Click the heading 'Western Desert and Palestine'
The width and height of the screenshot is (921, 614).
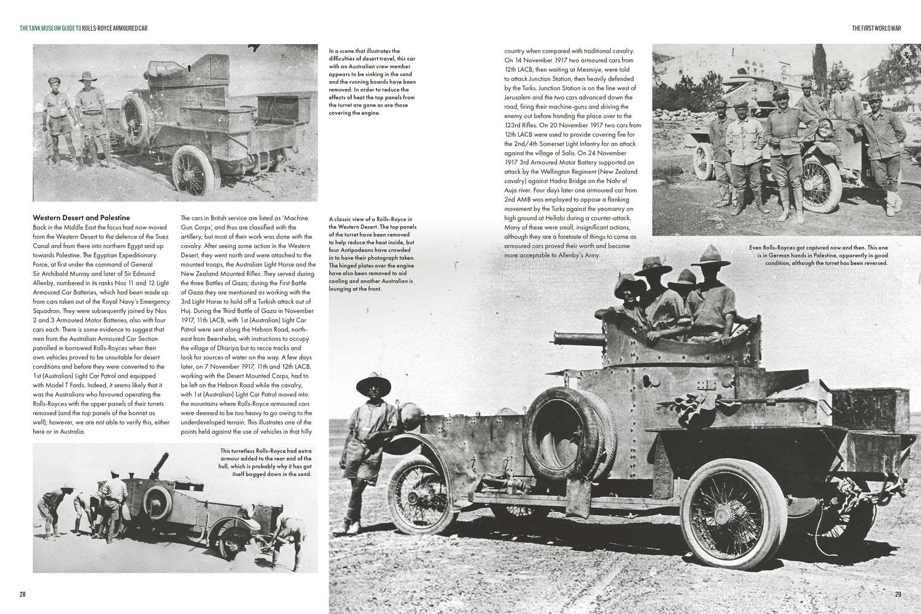[81, 218]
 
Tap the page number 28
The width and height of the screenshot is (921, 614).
[23, 594]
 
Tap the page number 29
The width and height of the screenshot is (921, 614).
[898, 594]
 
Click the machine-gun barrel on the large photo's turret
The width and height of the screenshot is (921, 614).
[569, 336]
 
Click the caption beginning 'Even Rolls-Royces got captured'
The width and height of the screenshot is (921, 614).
[818, 255]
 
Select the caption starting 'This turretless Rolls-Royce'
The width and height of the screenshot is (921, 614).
[265, 462]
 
